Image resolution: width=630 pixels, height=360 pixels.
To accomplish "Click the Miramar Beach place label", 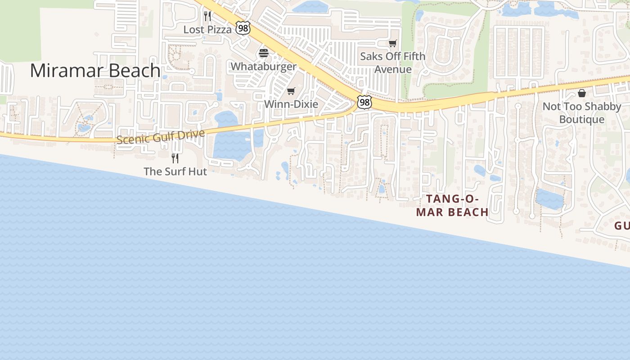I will [x=95, y=71].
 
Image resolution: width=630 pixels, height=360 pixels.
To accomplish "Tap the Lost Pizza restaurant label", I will [x=207, y=30].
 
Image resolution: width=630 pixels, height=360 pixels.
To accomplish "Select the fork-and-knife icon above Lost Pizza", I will [x=207, y=16].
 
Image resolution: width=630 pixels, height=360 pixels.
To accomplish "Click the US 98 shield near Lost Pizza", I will [x=243, y=29].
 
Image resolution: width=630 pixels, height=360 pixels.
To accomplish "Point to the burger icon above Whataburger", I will [x=264, y=53].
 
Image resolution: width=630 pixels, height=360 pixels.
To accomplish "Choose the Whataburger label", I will [x=264, y=67].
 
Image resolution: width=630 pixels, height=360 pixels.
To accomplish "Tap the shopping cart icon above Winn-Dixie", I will [x=291, y=91].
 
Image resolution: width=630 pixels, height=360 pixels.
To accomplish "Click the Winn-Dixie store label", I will [x=291, y=104].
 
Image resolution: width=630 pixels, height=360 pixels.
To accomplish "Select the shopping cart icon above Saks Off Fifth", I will [x=393, y=43].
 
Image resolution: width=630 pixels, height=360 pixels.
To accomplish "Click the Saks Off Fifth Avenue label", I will [x=393, y=63].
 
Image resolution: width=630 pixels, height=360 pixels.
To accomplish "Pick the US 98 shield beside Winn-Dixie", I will [x=364, y=103].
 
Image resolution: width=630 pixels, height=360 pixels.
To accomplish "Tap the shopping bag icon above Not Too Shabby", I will [x=582, y=93].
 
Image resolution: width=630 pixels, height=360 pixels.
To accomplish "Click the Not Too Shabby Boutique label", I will [x=582, y=113].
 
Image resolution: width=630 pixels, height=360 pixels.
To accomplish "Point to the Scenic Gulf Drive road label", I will [x=161, y=136].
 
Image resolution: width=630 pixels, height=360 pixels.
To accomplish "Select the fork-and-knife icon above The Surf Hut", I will [x=175, y=158].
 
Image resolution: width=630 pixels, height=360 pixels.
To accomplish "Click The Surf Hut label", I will [x=175, y=171].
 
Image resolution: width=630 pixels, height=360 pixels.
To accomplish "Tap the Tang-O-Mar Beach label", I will [x=452, y=205].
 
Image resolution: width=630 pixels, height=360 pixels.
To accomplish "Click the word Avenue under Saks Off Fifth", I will [x=393, y=69].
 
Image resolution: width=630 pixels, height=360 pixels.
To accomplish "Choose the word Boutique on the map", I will [x=582, y=119].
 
